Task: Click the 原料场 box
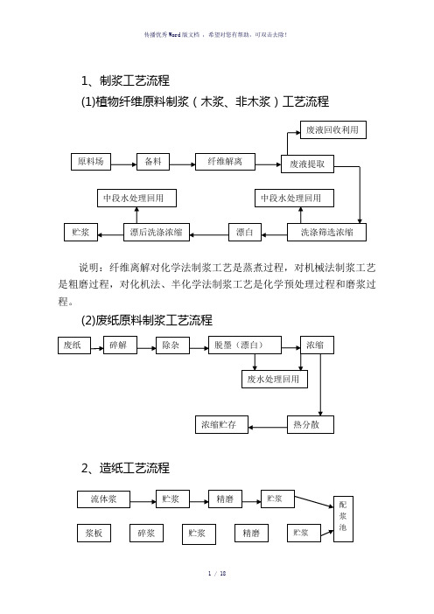point(91,161)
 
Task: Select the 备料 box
point(153,161)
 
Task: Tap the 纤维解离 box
point(225,161)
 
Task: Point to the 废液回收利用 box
point(333,129)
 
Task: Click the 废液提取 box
point(307,164)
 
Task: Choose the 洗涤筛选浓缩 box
point(326,232)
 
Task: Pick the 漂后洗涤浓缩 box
point(157,232)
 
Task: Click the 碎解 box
point(120,345)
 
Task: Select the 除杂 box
point(172,345)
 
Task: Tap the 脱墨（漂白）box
point(245,345)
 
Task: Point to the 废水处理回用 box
point(275,379)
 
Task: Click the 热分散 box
point(311,424)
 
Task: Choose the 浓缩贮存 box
point(221,424)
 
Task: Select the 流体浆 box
point(103,499)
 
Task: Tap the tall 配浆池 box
point(343,519)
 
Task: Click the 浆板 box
point(94,533)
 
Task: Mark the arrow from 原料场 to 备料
point(123,164)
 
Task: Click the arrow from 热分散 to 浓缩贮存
point(268,427)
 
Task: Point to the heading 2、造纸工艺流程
point(125,468)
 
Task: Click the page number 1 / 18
point(217,574)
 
